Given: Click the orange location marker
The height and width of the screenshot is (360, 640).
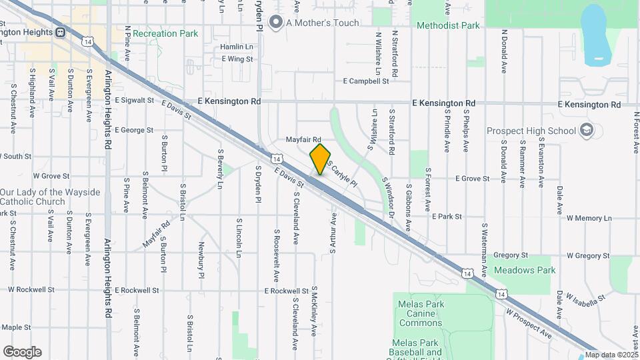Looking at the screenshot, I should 320,159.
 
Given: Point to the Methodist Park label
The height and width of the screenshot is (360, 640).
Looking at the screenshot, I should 447,26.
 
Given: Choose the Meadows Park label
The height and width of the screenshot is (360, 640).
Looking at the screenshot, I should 525,271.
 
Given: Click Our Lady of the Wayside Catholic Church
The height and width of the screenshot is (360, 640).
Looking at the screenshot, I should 50,197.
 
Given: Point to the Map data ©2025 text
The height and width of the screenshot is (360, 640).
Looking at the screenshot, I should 610,354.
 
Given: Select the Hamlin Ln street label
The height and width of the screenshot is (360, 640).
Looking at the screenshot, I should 237,47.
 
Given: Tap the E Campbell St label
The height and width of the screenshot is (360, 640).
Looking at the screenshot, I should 365,81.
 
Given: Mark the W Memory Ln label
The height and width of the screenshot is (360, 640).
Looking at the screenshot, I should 589,218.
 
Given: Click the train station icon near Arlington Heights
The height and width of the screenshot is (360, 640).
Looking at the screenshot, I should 60,31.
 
